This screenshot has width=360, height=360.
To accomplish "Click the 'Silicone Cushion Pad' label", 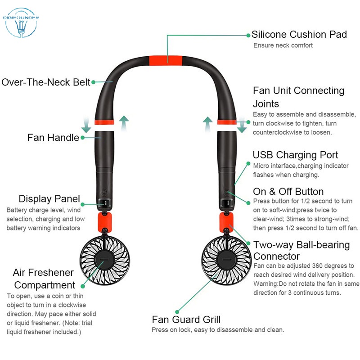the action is tap(299, 34).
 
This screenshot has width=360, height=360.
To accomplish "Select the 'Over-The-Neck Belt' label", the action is tap(45, 82).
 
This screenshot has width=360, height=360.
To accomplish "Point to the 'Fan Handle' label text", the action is tap(53, 137).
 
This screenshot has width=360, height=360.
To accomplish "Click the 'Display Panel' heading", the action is tap(49, 199).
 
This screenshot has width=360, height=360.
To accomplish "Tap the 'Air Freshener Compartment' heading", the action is tap(44, 279).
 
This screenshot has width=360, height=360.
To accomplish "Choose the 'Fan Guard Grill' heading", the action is tap(186, 319).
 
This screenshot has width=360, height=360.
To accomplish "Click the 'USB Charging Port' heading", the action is tap(295, 155).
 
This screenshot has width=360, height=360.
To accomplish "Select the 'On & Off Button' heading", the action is tap(288, 191).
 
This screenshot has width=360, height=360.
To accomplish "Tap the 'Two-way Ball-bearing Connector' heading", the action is tap(301, 251).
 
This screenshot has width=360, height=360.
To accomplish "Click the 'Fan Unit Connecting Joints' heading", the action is tap(298, 97).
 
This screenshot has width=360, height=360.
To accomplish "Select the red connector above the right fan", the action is tap(226, 221).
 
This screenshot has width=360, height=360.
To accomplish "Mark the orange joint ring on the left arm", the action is tap(104, 122).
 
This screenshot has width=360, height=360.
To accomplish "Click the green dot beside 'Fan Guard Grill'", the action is tap(178, 311).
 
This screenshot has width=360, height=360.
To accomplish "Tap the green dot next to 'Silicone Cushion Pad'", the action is tap(247, 35).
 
